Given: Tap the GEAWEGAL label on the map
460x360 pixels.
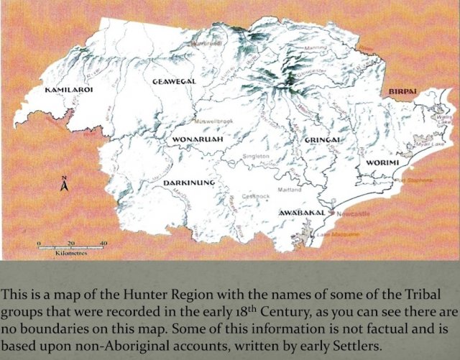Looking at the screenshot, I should (174, 82).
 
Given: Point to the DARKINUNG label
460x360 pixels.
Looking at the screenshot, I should (189, 183).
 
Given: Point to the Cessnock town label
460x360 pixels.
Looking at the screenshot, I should (256, 195).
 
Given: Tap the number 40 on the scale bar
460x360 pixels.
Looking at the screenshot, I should (103, 244).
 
